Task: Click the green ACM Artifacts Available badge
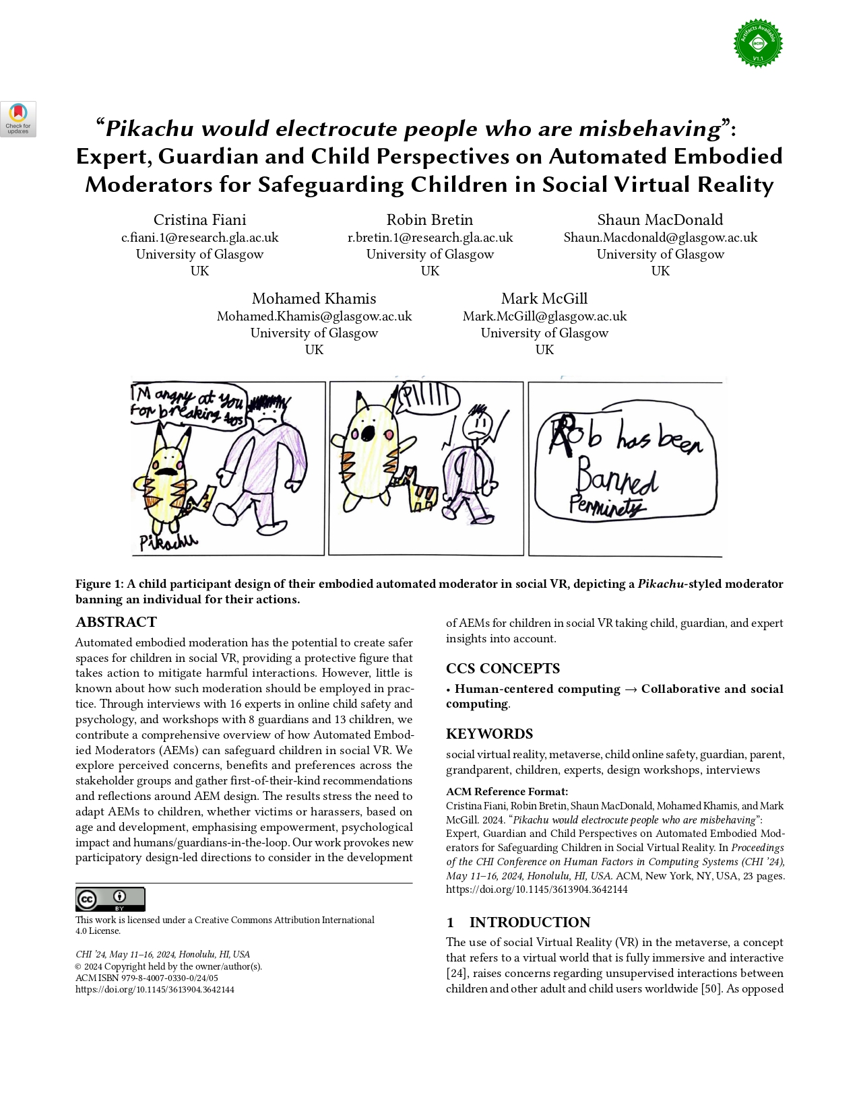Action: tap(758, 43)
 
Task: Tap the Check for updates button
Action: tap(18, 119)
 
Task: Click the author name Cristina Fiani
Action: tap(199, 220)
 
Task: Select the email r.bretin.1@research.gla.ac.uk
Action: tap(430, 238)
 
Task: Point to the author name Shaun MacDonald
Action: tap(660, 220)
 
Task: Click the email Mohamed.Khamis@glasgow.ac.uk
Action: tap(314, 316)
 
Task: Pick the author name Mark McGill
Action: tap(544, 299)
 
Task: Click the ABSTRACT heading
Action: tap(116, 622)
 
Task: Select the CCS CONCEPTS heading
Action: tap(503, 669)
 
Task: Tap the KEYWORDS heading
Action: tap(489, 734)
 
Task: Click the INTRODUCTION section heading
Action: tap(530, 922)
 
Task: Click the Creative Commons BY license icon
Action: tap(110, 899)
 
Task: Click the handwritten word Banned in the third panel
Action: tap(615, 479)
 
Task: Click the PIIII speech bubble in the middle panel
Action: tap(428, 398)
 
